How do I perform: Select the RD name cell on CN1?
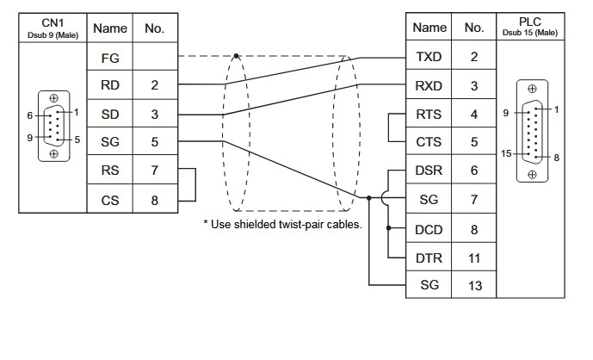[x=110, y=85]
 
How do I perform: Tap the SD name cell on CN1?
[x=110, y=114]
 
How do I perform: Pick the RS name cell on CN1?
[x=110, y=171]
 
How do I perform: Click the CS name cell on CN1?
[x=110, y=199]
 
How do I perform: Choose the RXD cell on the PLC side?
[x=429, y=85]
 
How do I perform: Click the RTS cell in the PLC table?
[x=429, y=114]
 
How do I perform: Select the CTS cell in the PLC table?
[x=429, y=142]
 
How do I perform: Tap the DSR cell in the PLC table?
[x=429, y=171]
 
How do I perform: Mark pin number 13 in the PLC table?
[x=475, y=284]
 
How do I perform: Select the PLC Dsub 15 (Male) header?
[x=530, y=28]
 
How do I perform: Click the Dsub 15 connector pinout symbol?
[x=530, y=131]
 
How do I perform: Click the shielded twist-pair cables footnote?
[x=282, y=224]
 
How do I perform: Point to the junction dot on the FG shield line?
[x=237, y=57]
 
